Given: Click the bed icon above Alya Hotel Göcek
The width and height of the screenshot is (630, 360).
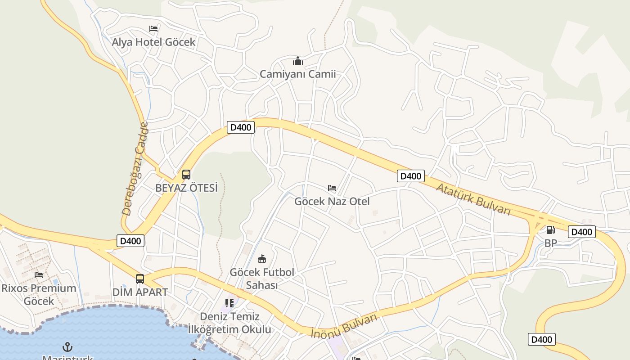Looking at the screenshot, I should point(153,29).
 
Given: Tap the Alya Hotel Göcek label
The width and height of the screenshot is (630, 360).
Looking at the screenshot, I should point(153,42).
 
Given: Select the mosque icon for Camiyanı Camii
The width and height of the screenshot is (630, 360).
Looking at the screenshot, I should point(297,61).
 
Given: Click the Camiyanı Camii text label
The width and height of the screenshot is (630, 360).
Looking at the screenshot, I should point(297,74).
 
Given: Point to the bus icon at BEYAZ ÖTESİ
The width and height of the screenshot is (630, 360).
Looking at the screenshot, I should point(186,175).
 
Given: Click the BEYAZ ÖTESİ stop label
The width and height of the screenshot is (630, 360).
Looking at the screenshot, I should point(186,188).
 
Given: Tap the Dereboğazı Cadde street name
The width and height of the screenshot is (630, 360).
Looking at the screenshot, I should point(135,168).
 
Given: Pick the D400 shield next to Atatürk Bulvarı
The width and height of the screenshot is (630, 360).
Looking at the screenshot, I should point(410,176).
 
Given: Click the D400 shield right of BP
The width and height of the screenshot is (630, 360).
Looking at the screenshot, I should point(581,232).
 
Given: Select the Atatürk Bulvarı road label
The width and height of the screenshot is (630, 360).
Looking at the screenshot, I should point(473,199).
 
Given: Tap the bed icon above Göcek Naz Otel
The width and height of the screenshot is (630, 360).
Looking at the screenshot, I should point(332,188).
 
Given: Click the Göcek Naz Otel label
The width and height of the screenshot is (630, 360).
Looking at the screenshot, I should point(332,202).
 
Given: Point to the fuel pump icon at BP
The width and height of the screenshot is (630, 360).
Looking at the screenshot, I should point(550,230).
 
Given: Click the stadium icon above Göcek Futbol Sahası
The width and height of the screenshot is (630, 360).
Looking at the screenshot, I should point(262,259).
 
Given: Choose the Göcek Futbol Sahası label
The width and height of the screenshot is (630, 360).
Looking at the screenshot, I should point(262,279).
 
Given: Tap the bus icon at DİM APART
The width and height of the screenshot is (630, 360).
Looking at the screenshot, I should point(140,279).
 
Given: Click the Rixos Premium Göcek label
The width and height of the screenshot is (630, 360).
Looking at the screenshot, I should point(39,295).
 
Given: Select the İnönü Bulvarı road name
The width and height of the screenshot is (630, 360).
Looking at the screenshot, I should point(344,326).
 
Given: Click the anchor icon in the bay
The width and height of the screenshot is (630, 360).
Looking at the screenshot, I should point(67,347).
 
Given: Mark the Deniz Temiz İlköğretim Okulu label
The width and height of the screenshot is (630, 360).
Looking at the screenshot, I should point(229,323).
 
